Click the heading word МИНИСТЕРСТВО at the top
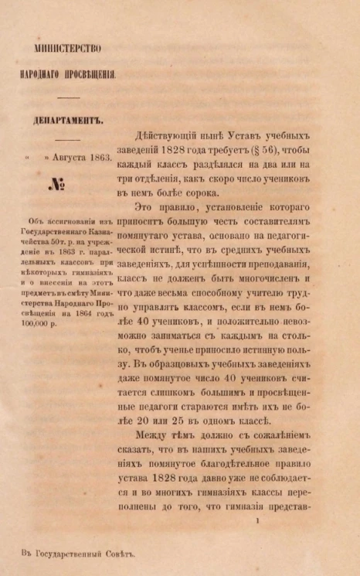coord(68,48)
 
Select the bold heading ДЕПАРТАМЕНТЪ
coord(69,121)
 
